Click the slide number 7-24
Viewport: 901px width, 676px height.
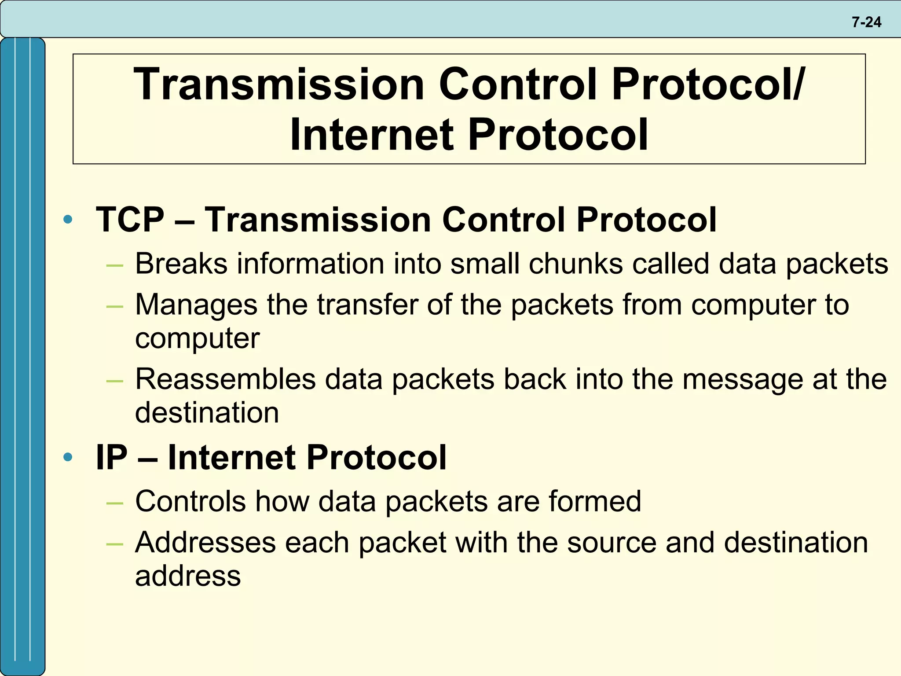pyautogui.click(x=866, y=22)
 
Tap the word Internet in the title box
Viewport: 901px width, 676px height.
pyautogui.click(x=371, y=135)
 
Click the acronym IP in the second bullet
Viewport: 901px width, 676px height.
pyautogui.click(x=111, y=457)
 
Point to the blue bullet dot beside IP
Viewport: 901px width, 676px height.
pyautogui.click(x=68, y=457)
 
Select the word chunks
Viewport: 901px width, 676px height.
pyautogui.click(x=575, y=264)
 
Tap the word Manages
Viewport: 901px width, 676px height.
pyautogui.click(x=196, y=305)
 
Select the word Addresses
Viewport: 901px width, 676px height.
pyautogui.click(x=205, y=542)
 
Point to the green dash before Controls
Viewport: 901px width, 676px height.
pyautogui.click(x=114, y=502)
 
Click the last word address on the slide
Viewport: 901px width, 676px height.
pyautogui.click(x=188, y=576)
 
